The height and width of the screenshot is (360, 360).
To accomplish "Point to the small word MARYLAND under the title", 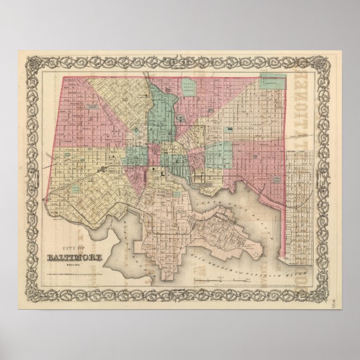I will click(x=72, y=249).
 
